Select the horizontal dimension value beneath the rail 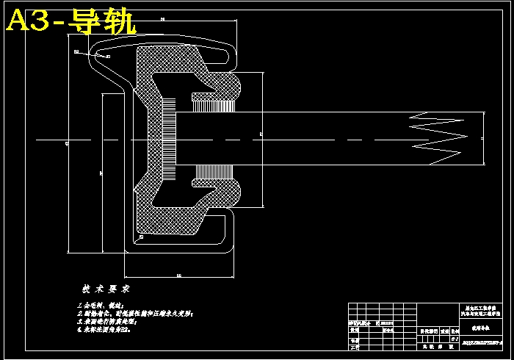tap(179, 276)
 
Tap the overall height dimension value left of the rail tap(67, 144)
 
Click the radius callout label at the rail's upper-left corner tap(76, 51)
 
